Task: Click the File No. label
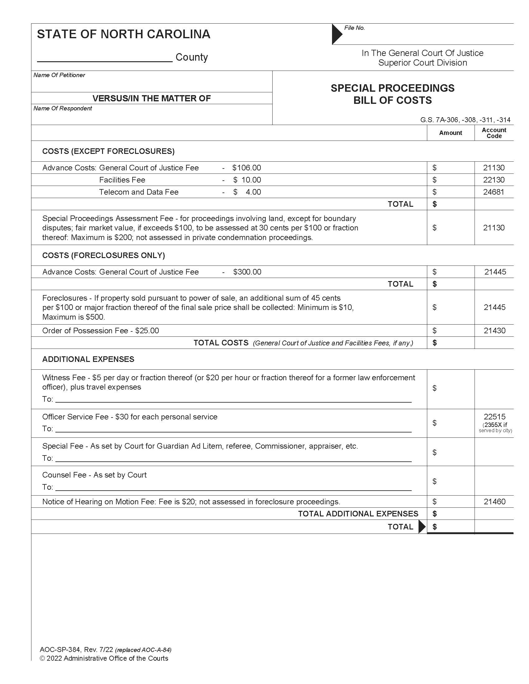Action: pyautogui.click(x=354, y=28)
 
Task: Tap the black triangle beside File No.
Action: pyautogui.click(x=336, y=34)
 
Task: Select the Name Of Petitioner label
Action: pyautogui.click(x=59, y=75)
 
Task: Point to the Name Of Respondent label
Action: pyautogui.click(x=63, y=109)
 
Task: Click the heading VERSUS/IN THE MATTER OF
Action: pyautogui.click(x=152, y=98)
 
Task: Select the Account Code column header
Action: pyautogui.click(x=494, y=133)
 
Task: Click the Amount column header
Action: pyautogui.click(x=450, y=133)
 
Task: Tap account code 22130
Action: pyautogui.click(x=494, y=180)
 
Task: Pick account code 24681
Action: pyautogui.click(x=494, y=192)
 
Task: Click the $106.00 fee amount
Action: pyautogui.click(x=247, y=168)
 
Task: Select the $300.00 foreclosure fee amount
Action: pyautogui.click(x=247, y=272)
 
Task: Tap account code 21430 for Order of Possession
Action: pyautogui.click(x=494, y=331)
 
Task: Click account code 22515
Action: pyautogui.click(x=494, y=417)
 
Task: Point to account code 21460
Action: pyautogui.click(x=494, y=502)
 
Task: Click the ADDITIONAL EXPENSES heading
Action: pyautogui.click(x=88, y=359)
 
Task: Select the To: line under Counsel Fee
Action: pyautogui.click(x=233, y=487)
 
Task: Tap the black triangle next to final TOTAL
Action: pyautogui.click(x=422, y=527)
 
